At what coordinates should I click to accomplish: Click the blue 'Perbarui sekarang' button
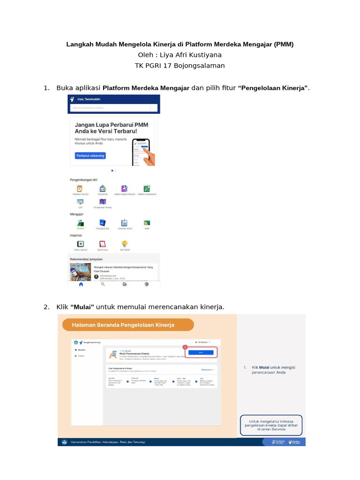click(90, 155)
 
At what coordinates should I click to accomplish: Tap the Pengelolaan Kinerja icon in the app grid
click(102, 202)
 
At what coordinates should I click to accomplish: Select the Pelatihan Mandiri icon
click(80, 188)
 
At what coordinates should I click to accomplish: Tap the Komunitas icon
click(102, 188)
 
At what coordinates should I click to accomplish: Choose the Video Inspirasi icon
click(81, 244)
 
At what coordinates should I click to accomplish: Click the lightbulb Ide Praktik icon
click(125, 244)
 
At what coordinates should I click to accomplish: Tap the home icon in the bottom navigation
click(81, 284)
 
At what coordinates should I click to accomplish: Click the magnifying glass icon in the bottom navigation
click(103, 284)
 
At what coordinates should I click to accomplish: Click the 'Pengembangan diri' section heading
click(83, 180)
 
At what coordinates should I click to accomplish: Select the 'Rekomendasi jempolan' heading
click(86, 259)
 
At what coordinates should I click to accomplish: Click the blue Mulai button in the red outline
click(201, 352)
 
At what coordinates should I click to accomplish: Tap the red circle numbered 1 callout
click(185, 346)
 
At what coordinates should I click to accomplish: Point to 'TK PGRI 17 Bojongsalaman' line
click(180, 66)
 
